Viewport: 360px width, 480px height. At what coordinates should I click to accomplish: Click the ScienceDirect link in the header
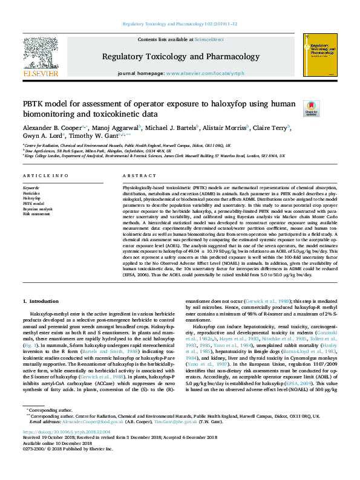pos(209,39)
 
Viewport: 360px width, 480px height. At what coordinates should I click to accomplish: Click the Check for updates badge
pos(295,109)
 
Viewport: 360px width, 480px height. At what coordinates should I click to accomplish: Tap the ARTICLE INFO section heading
pos(45,175)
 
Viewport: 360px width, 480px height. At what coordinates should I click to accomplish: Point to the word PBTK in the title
pos(38,104)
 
